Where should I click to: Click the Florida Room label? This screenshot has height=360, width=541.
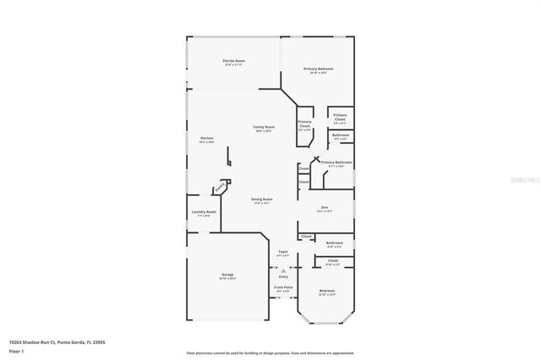234,62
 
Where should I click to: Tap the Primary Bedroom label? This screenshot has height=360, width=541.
318,69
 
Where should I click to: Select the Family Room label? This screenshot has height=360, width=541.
264,128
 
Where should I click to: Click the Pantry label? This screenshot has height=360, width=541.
221,186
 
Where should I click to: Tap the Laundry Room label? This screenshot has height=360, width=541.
204,213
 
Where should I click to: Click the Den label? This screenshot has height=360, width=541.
324,208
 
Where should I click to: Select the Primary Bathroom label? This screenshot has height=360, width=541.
336,162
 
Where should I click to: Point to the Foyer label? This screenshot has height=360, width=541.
284,253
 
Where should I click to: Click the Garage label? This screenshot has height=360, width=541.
227,275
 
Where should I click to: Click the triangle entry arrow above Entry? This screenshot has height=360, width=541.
283,270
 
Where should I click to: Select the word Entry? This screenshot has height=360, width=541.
283,276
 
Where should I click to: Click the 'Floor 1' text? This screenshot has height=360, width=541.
16,350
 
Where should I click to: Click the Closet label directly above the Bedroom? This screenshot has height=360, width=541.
333,261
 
